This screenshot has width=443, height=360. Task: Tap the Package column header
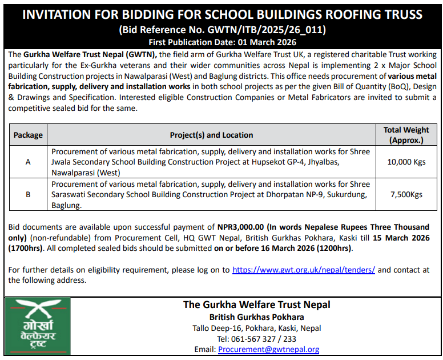click(28, 135)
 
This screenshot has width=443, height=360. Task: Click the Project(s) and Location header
click(211, 135)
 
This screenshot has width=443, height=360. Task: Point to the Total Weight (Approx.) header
click(406, 135)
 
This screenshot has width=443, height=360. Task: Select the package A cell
click(28, 162)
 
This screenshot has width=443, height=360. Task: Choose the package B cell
click(28, 194)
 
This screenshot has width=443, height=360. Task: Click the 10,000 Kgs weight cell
click(406, 162)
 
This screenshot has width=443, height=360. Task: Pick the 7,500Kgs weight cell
click(406, 194)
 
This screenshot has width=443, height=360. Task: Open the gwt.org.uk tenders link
click(304, 270)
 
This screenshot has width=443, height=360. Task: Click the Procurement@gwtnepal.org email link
click(268, 349)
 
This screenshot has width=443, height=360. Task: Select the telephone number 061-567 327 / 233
click(256, 339)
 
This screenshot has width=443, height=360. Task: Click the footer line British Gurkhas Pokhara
click(256, 317)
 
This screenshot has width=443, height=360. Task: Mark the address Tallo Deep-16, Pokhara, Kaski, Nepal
click(256, 328)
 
